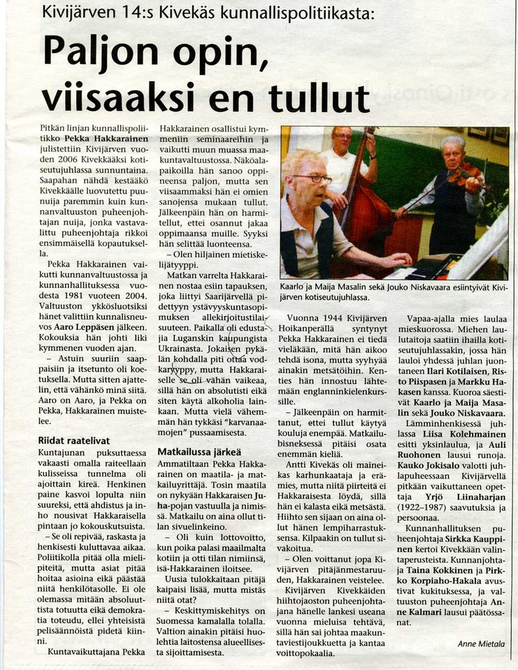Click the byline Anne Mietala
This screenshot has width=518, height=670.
481,643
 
